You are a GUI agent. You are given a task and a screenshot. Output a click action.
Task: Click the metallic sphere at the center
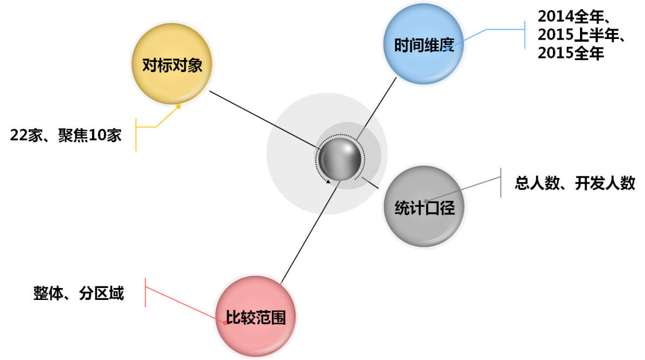340,159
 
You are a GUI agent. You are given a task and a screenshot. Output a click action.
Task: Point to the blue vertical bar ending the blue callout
525,35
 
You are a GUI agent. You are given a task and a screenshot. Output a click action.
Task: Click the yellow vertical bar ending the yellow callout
136,134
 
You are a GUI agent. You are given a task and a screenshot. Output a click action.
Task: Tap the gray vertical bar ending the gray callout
501,183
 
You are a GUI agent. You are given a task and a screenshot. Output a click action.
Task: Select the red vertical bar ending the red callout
146,292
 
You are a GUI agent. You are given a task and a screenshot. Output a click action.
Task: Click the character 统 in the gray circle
402,208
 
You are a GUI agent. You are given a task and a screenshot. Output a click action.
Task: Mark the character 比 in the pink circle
233,317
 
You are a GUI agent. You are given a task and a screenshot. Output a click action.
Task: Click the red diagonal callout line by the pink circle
184,305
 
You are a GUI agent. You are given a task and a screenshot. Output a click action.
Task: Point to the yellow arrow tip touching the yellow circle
179,106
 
